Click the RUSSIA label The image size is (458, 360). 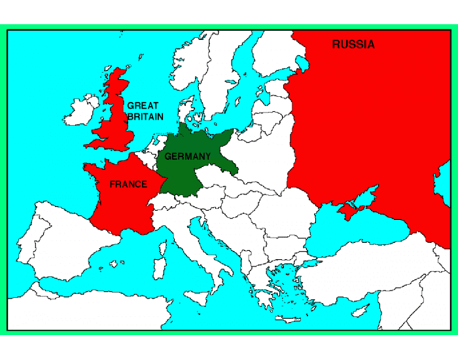(x=353, y=45)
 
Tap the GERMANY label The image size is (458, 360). (x=188, y=156)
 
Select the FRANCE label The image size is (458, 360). (x=128, y=185)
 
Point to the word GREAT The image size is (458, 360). (x=143, y=105)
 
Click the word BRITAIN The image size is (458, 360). (x=145, y=117)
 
